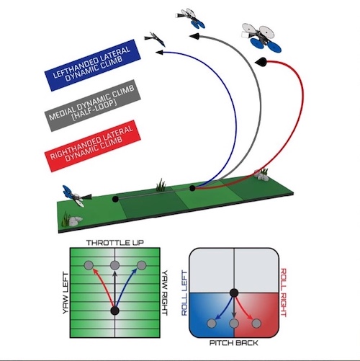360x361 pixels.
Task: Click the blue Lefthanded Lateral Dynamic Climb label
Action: click(93, 65)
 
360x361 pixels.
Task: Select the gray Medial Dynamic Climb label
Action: click(93, 105)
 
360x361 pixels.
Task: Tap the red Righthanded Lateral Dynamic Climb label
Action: click(93, 146)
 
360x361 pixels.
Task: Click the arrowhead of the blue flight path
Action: click(159, 52)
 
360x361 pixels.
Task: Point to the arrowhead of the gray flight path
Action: click(194, 37)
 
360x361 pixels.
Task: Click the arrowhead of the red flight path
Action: click(261, 62)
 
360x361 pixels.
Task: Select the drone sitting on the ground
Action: click(76, 196)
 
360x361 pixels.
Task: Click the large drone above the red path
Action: click(261, 37)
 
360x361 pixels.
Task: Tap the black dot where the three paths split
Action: click(192, 188)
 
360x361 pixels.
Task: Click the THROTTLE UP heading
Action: click(115, 243)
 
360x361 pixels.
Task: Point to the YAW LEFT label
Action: click(66, 293)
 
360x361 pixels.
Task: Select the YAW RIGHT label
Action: click(164, 293)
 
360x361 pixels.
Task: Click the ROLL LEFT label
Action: click(184, 293)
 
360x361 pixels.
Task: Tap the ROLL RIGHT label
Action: click(283, 293)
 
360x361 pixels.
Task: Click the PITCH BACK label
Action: click(234, 343)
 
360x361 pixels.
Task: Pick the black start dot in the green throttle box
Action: click(114, 311)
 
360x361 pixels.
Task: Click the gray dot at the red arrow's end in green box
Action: click(89, 265)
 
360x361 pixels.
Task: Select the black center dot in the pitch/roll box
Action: click(234, 293)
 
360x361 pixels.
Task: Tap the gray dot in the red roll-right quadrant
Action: click(256, 324)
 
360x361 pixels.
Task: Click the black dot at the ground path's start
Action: click(115, 199)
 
